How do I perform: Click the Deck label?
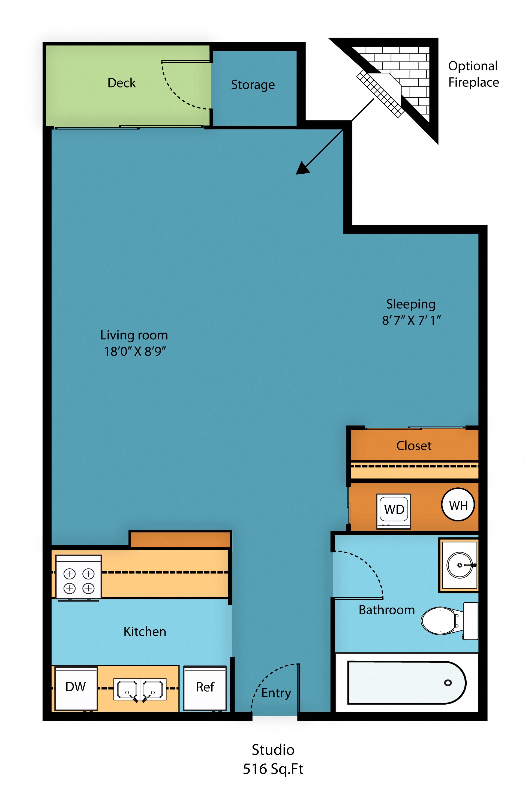pyautogui.click(x=121, y=83)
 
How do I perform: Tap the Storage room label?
pyautogui.click(x=253, y=85)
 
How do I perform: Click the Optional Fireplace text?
pyautogui.click(x=473, y=74)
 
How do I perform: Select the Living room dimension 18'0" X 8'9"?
pyautogui.click(x=135, y=351)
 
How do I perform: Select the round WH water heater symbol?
pyautogui.click(x=458, y=505)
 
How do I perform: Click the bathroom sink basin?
pyautogui.click(x=459, y=565)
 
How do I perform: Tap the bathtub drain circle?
pyautogui.click(x=448, y=683)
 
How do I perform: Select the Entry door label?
pyautogui.click(x=276, y=693)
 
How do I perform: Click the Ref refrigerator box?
pyautogui.click(x=205, y=687)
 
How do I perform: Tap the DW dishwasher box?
pyautogui.click(x=76, y=687)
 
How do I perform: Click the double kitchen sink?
pyautogui.click(x=140, y=689)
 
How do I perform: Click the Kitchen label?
pyautogui.click(x=145, y=632)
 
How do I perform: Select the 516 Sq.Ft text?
pyautogui.click(x=273, y=769)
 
